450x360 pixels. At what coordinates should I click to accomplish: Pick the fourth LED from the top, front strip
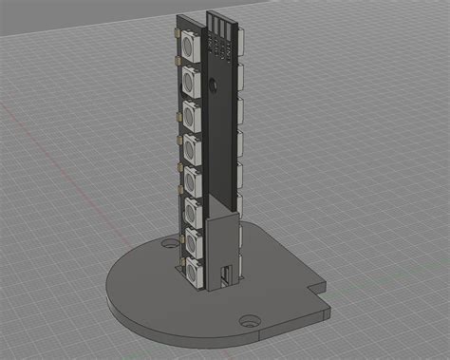[193, 148]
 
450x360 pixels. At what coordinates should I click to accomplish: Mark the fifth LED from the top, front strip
[193, 180]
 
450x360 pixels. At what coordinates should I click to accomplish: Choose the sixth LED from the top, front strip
[193, 211]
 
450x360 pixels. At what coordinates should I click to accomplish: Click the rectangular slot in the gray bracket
[226, 275]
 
